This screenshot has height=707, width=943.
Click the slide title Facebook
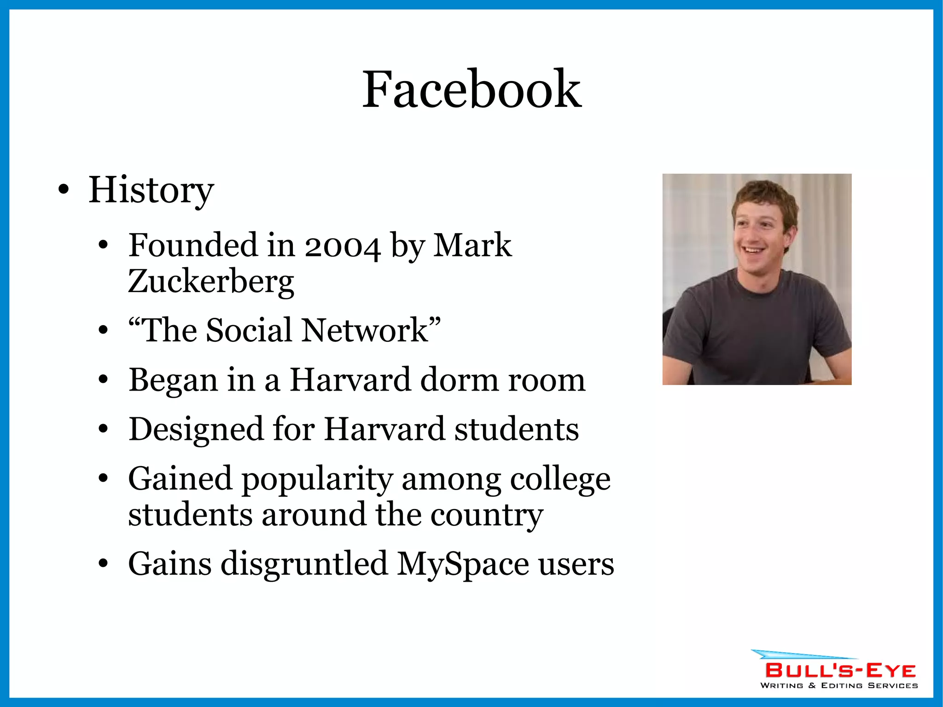471,89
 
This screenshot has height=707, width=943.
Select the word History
151,190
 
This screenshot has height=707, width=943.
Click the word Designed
196,430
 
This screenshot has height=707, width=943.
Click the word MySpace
463,564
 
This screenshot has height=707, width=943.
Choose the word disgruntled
304,564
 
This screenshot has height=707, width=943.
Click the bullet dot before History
64,190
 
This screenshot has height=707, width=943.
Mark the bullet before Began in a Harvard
103,380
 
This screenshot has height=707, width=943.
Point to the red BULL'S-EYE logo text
840,671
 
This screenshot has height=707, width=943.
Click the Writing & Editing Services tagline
839,686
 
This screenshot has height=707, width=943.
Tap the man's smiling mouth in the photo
754,251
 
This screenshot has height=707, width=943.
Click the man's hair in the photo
764,193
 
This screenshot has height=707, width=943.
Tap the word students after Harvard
517,430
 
